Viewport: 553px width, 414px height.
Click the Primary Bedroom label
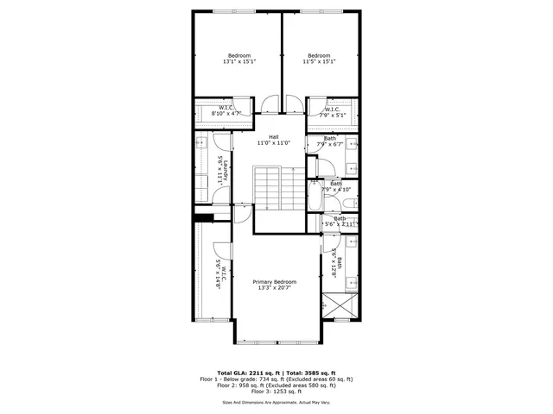coord(275,285)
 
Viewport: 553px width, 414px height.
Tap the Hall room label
coord(273,140)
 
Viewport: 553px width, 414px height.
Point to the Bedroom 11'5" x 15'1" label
coord(319,59)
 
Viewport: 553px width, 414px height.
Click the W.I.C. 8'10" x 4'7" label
coord(214,110)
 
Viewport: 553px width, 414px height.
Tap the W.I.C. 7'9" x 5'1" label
coord(334,111)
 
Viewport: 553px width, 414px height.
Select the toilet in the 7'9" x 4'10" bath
coord(347,203)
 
